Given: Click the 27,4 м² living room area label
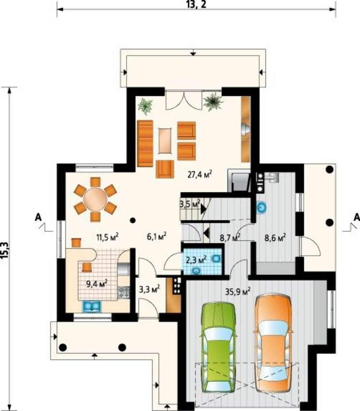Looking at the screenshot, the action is coord(200,174).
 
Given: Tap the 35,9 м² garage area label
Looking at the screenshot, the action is coord(238,291).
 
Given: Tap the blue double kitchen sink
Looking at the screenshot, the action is coord(92,306).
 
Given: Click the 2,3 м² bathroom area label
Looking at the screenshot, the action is coord(196,260).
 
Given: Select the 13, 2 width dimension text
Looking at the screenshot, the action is coord(197,5).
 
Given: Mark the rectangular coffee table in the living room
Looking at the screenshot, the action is coord(165,141).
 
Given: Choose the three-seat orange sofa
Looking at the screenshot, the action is coord(145,143).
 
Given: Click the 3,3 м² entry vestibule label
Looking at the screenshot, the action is coord(149,289).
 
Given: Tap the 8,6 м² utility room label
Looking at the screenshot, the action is coord(275,238).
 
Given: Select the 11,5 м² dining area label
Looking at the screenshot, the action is coord(107,237).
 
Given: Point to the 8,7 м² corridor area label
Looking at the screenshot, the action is coord(230,238).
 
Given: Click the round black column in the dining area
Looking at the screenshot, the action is coord(133,220).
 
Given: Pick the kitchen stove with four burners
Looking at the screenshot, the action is coord(124,293).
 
